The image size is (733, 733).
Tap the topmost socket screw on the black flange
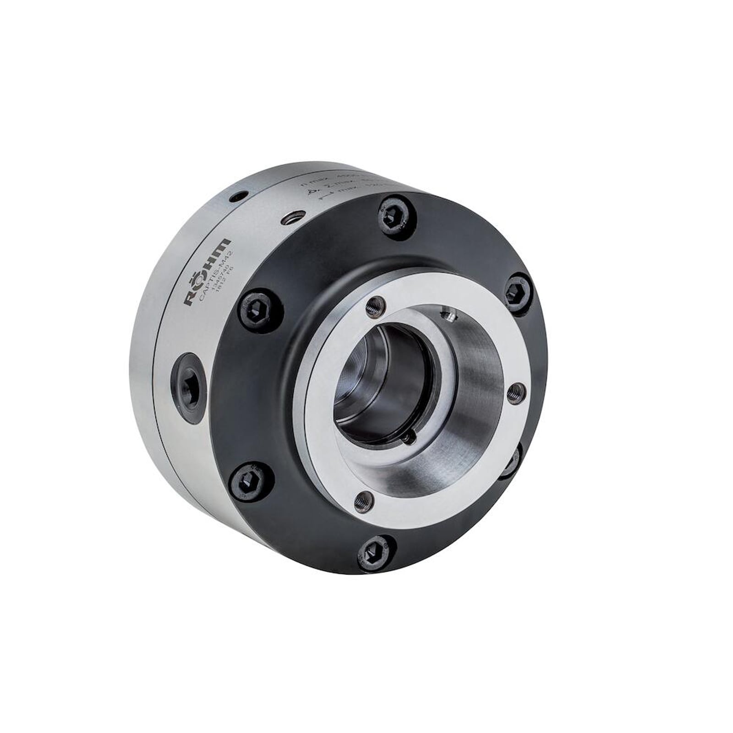point(397,215)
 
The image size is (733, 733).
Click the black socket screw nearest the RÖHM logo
point(257,310)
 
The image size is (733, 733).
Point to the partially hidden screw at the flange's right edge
point(512,460)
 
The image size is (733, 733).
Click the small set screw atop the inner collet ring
point(447,315)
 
